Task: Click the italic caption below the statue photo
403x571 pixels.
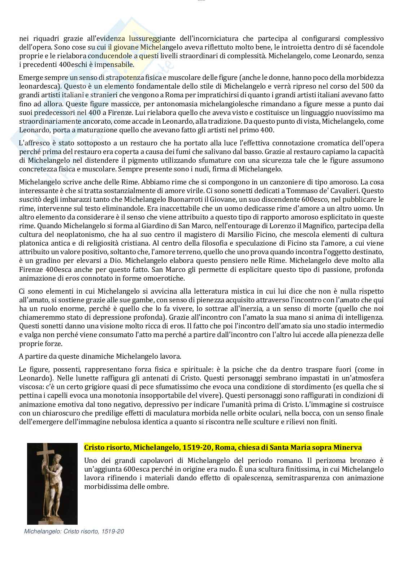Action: point(74,532)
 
